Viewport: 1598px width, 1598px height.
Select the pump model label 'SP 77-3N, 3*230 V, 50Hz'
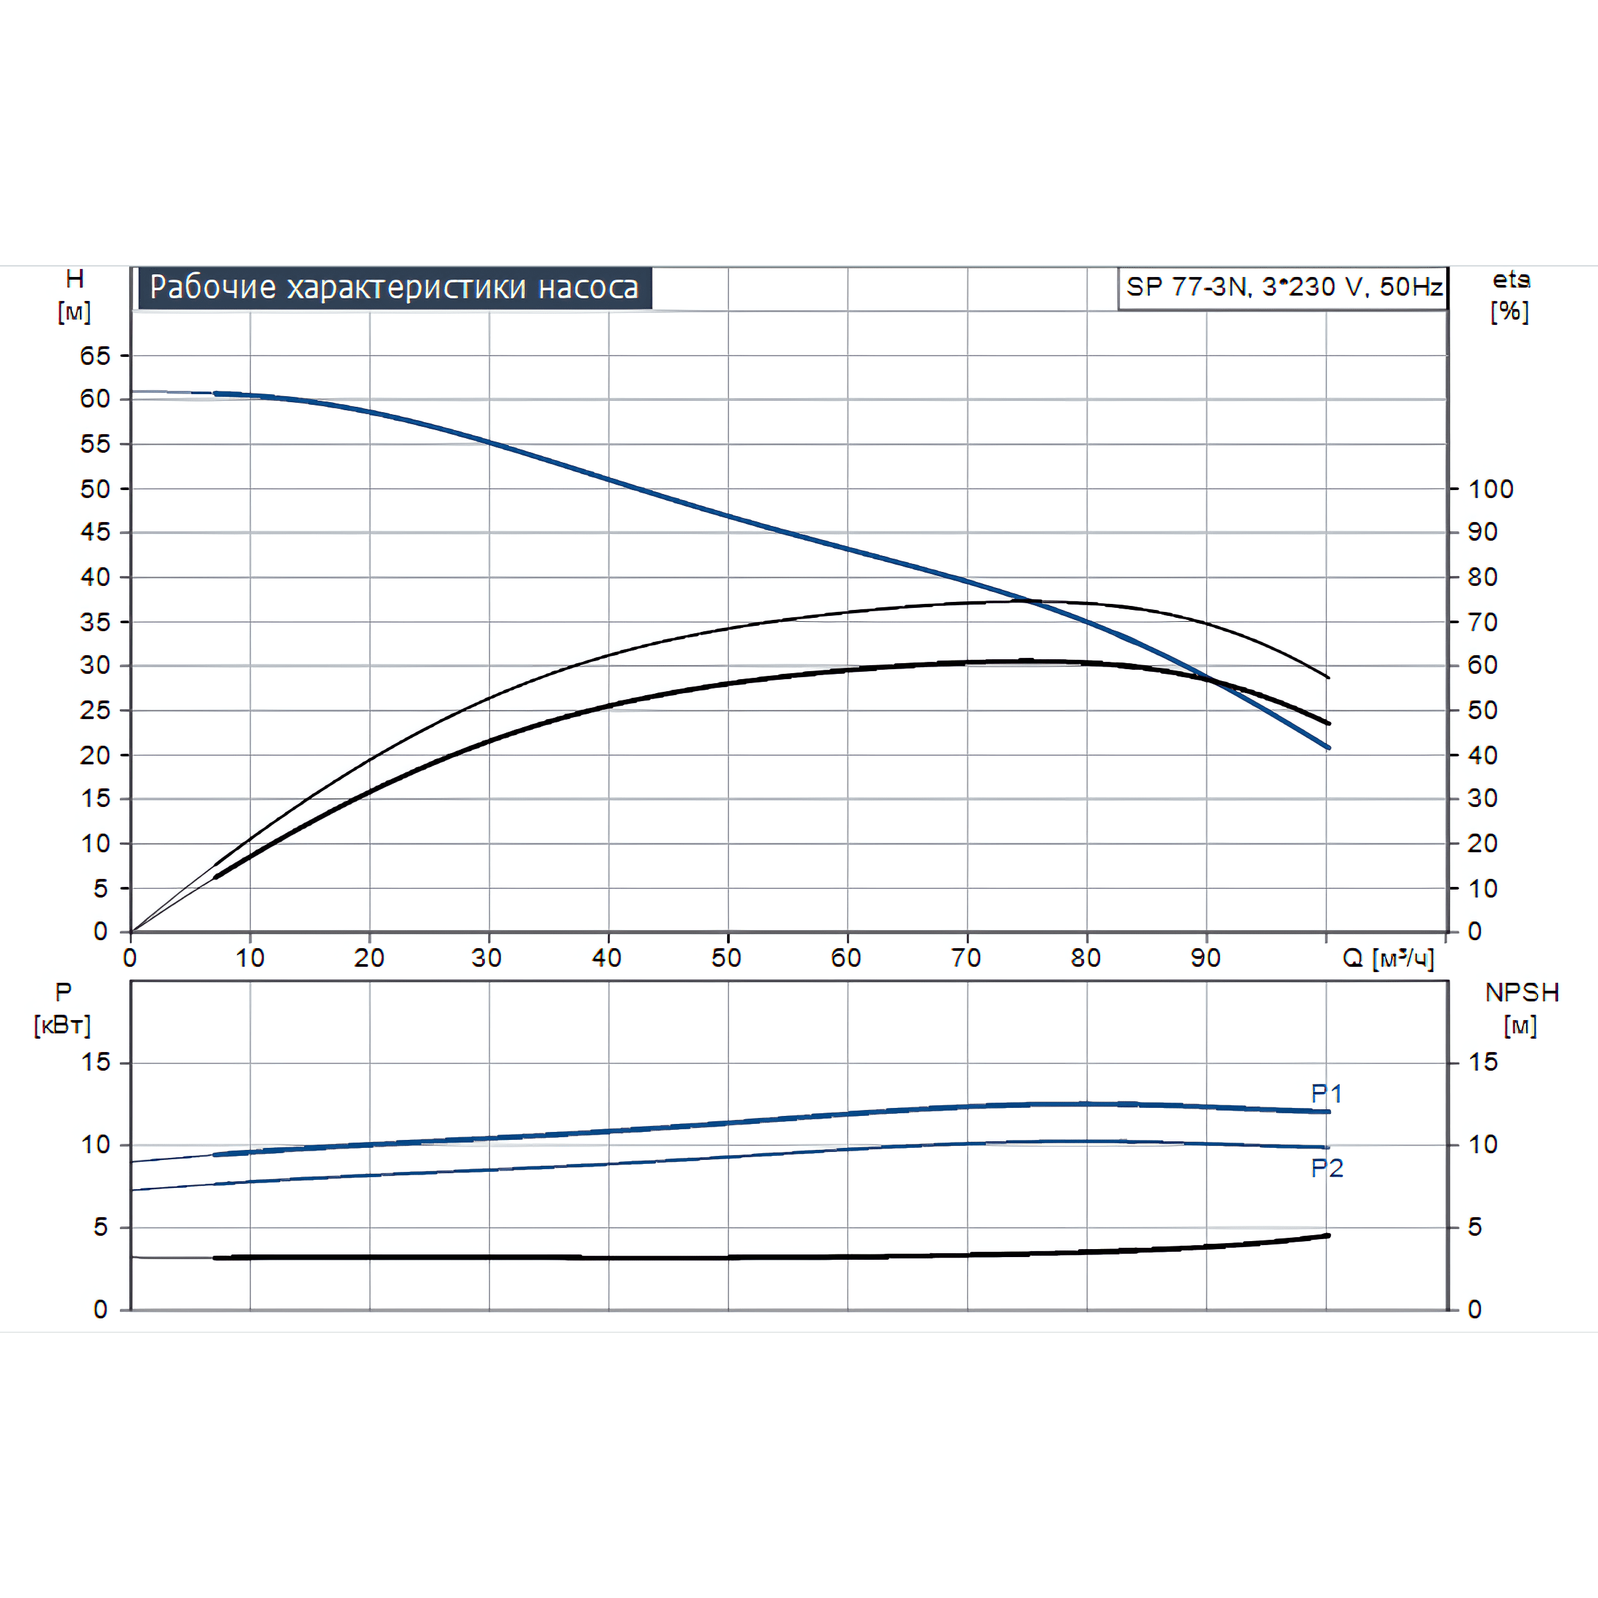tap(1283, 287)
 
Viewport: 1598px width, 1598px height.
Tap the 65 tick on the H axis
tap(95, 356)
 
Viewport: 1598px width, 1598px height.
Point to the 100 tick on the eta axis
tap(1491, 489)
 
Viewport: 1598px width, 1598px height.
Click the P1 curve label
tap(1327, 1093)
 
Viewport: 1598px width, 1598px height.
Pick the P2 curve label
tap(1327, 1168)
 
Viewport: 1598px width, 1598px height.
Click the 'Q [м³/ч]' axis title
tap(1388, 958)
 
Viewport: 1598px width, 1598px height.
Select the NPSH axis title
tap(1522, 993)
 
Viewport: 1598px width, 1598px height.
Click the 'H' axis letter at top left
tap(75, 279)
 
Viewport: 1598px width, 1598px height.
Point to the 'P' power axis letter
tap(63, 991)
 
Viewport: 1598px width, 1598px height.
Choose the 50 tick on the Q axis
tap(726, 958)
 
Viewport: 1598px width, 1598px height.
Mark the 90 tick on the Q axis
tap(1205, 958)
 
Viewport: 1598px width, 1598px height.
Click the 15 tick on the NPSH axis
tap(1483, 1062)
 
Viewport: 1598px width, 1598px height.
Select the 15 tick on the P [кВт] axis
tap(96, 1062)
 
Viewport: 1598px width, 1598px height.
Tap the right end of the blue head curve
tap(1328, 748)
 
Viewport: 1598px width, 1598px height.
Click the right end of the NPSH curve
tap(1328, 1236)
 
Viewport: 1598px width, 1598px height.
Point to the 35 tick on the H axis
tap(95, 621)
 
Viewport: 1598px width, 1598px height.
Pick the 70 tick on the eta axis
tap(1482, 621)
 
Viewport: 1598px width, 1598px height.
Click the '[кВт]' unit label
tap(62, 1025)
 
